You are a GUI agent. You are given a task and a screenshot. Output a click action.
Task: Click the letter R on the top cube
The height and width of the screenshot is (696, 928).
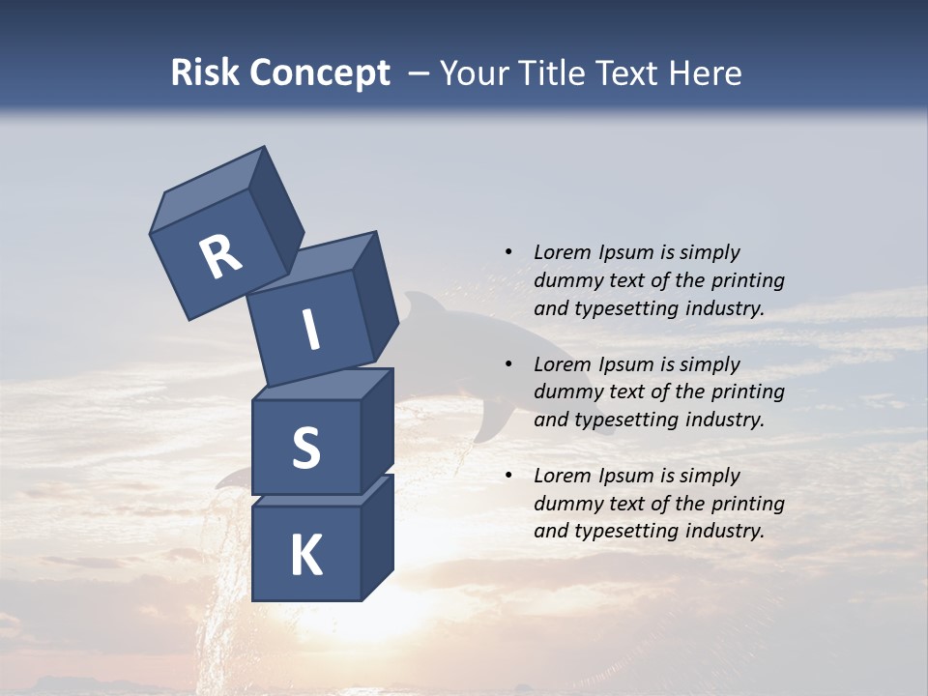pyautogui.click(x=219, y=257)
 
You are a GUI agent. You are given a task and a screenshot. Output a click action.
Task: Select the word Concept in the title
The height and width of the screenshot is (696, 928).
pyautogui.click(x=319, y=73)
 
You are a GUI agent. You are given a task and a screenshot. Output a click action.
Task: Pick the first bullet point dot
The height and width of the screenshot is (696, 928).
pyautogui.click(x=508, y=252)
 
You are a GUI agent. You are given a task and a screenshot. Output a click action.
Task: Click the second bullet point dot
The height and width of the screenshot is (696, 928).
pyautogui.click(x=508, y=364)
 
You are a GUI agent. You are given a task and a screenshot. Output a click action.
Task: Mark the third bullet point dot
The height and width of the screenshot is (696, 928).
pyautogui.click(x=508, y=476)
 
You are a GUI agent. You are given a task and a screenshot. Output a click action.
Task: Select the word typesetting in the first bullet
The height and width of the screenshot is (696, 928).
pyautogui.click(x=628, y=308)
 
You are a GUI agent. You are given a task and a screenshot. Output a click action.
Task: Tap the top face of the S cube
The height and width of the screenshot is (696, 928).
pyautogui.click(x=324, y=385)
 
